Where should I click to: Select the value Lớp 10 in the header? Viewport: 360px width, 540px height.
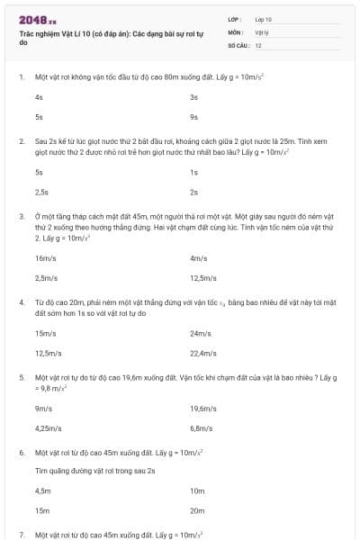pos(264,19)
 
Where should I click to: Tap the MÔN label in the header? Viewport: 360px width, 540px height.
pos(236,31)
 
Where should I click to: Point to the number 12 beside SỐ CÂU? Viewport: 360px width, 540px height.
pos(258,44)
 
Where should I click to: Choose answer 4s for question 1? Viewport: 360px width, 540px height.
pos(39,96)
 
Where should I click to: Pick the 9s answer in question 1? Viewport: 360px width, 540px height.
pos(193,117)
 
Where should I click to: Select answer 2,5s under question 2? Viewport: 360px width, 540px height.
pos(41,192)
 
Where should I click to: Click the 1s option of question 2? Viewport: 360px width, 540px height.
pos(193,171)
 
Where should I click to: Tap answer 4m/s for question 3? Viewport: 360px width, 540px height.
pos(199,257)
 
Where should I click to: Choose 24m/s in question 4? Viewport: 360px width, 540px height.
pos(200,333)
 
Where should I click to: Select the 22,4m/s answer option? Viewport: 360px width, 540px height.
pos(203,353)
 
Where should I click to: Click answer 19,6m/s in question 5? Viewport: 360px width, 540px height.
pos(203,408)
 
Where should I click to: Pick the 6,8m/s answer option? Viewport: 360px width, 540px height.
pos(202,428)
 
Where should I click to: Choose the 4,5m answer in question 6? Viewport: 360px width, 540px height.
pos(43,491)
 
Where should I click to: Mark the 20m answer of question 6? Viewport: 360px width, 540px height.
pos(198,511)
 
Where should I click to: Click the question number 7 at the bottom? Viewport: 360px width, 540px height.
pos(21,535)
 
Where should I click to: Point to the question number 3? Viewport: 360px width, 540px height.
pos(21,217)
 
